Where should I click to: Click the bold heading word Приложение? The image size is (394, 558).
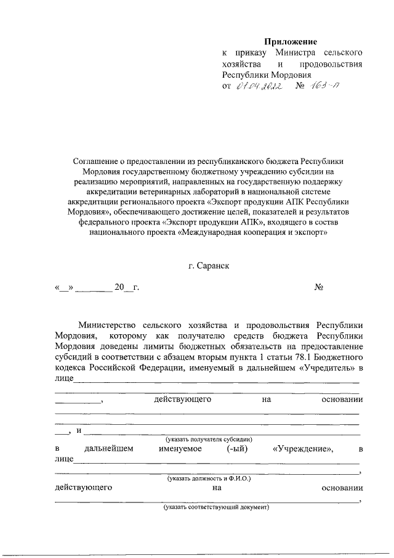click(x=291, y=42)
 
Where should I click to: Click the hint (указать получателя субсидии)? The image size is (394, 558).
click(x=207, y=438)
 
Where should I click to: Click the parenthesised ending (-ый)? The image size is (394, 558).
click(x=236, y=448)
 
